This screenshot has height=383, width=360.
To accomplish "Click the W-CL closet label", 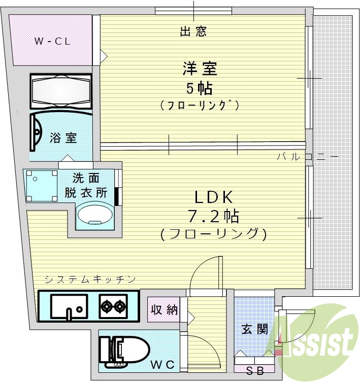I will click(x=52, y=42).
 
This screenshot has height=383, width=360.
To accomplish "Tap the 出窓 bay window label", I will click(x=193, y=32).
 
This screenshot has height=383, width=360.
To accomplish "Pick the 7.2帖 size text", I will click(x=214, y=217).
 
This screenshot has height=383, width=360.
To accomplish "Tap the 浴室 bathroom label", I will click(x=63, y=137).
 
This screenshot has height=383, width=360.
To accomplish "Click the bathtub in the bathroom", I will click(x=61, y=92).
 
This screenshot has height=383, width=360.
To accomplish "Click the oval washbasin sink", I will click(x=95, y=214).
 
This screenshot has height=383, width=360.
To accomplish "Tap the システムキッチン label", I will click(x=90, y=278).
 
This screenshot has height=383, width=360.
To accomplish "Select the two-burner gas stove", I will click(x=113, y=305).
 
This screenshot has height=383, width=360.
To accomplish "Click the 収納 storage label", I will click(x=165, y=309).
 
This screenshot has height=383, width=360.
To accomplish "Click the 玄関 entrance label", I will click(x=255, y=329).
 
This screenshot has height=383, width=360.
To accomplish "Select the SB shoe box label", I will click(x=255, y=370).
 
